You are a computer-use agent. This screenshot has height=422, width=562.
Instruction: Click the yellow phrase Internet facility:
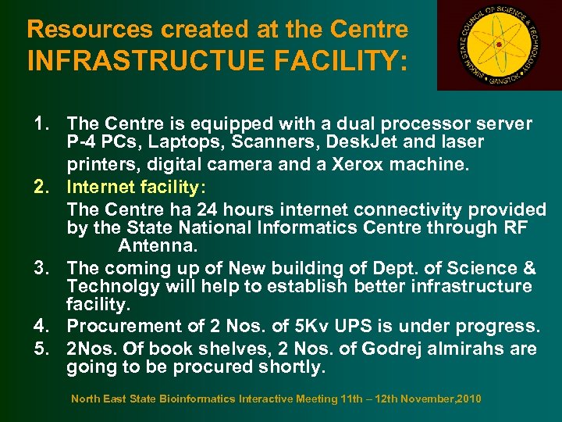tap(137, 187)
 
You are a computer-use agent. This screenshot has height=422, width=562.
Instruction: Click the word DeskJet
tap(358, 143)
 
